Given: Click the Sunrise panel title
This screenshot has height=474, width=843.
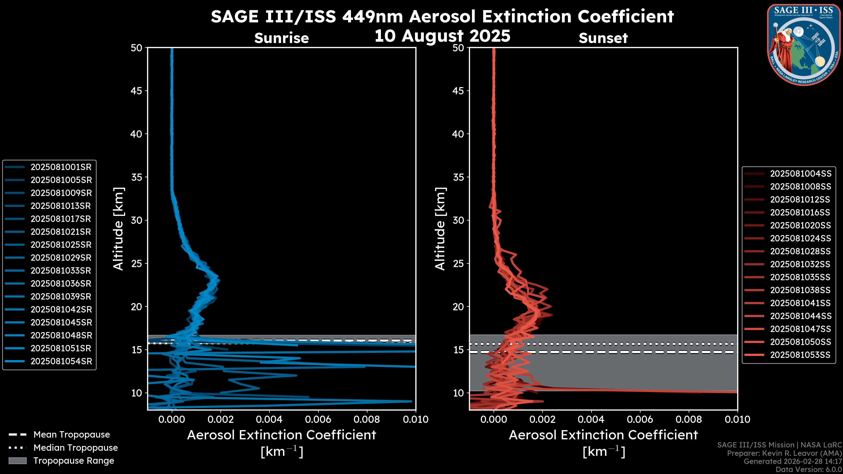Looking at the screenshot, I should tap(281, 38).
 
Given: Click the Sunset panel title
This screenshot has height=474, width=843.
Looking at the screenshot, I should tap(603, 38).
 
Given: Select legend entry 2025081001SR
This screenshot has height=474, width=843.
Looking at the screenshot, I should tap(61, 167).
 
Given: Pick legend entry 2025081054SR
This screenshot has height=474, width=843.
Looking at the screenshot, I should tap(61, 361).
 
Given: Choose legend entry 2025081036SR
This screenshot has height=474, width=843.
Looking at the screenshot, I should tap(61, 284).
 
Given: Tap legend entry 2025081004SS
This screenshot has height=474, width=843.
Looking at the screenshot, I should tap(800, 174).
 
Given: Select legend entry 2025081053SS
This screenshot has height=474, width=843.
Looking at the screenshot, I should tap(800, 355).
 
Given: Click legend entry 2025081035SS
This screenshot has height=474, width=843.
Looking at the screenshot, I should tap(800, 277).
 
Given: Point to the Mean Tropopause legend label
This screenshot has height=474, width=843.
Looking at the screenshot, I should tap(72, 435).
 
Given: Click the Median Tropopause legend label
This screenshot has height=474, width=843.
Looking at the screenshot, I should tap(76, 448).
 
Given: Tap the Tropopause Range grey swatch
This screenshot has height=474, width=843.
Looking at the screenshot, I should tap(17, 461).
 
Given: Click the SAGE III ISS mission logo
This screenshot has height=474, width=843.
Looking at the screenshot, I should tap(804, 45).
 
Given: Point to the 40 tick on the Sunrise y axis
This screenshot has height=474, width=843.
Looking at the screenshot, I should tap(137, 134).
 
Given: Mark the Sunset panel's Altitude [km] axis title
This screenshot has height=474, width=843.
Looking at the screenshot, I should tap(440, 229).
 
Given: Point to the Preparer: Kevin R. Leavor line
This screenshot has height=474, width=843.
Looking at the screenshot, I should tap(784, 453).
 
